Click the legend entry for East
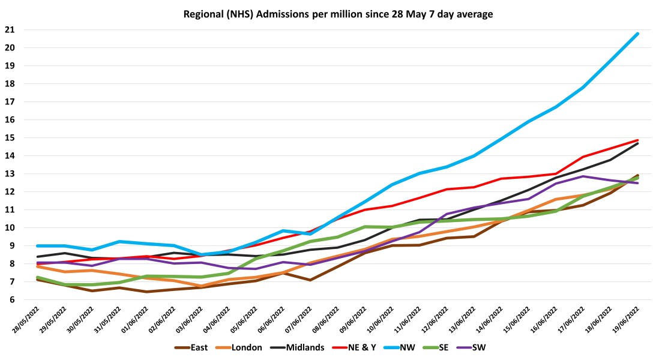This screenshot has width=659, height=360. click(198, 347)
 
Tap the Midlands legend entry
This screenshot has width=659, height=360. click(305, 347)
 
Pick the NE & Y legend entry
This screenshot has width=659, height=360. click(364, 347)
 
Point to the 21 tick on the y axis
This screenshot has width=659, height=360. click(9, 29)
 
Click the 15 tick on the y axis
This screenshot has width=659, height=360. click(9, 137)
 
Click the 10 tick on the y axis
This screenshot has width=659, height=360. click(9, 228)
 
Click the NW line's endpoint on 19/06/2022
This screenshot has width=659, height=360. click(637, 34)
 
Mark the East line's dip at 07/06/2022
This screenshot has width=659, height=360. click(310, 280)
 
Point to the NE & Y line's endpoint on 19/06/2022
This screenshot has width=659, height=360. click(637, 140)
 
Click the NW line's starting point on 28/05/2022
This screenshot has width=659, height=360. click(37, 245)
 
